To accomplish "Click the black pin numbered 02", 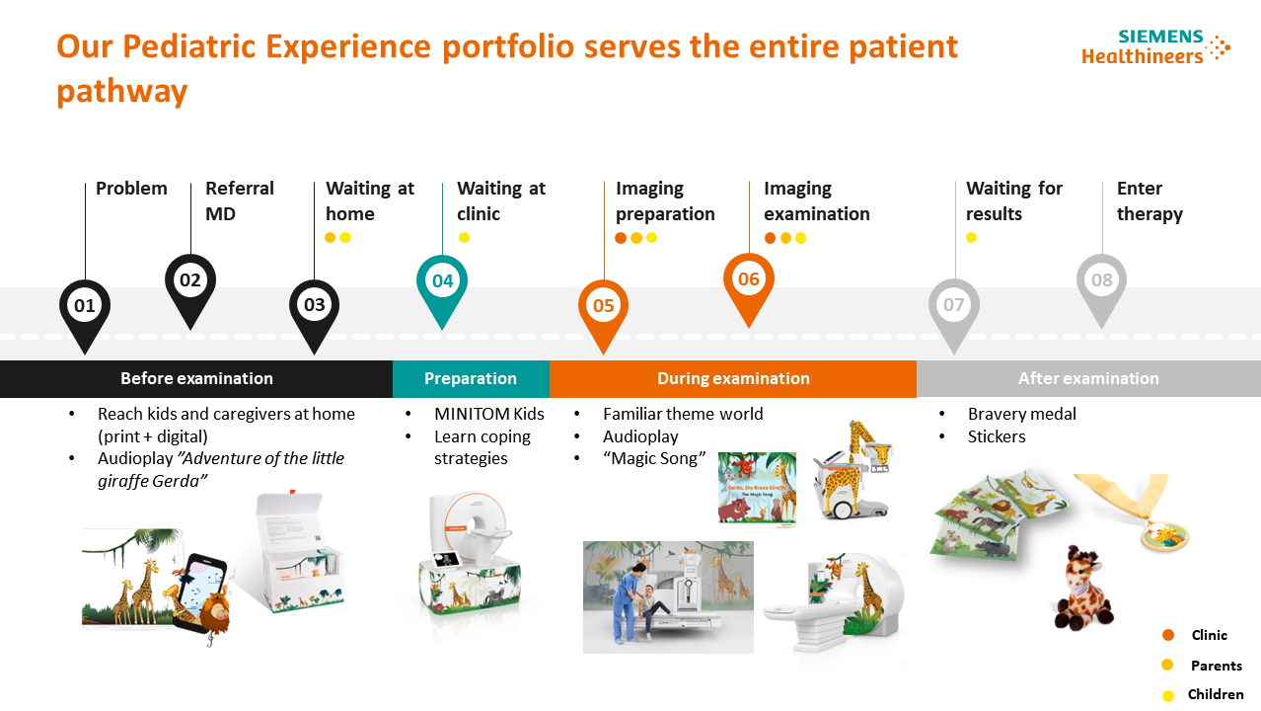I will click(189, 281).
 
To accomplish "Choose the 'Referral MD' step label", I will click(239, 200).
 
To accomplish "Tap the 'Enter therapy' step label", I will click(1149, 200).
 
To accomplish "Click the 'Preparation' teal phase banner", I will click(471, 378).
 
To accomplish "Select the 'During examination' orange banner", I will click(733, 378).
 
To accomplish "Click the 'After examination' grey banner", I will click(1088, 378).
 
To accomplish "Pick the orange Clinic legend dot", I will click(1168, 635).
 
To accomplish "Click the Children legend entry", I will click(1215, 694).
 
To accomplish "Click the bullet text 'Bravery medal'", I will click(1021, 414).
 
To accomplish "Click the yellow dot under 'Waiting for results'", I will click(971, 237).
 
